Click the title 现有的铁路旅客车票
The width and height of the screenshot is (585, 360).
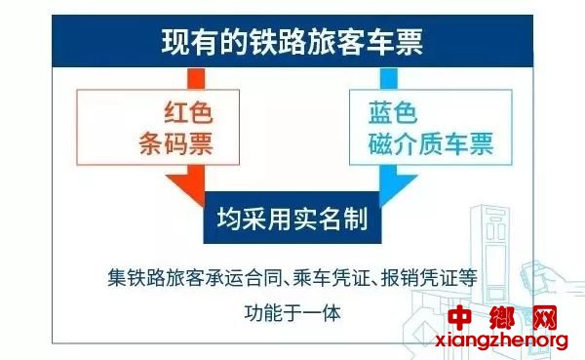click(x=292, y=41)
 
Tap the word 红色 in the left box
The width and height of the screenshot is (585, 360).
click(x=188, y=112)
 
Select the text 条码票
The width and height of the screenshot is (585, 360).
click(x=176, y=143)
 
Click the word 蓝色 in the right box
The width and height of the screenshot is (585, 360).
click(x=393, y=112)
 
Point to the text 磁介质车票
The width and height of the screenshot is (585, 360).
click(x=431, y=143)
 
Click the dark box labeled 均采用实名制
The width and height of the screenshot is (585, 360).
click(x=292, y=218)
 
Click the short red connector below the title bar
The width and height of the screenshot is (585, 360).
click(x=196, y=78)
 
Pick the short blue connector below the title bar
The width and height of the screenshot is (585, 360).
click(x=388, y=78)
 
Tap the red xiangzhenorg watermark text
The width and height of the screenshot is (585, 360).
click(x=501, y=340)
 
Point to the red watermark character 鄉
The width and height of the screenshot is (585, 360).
click(x=502, y=318)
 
